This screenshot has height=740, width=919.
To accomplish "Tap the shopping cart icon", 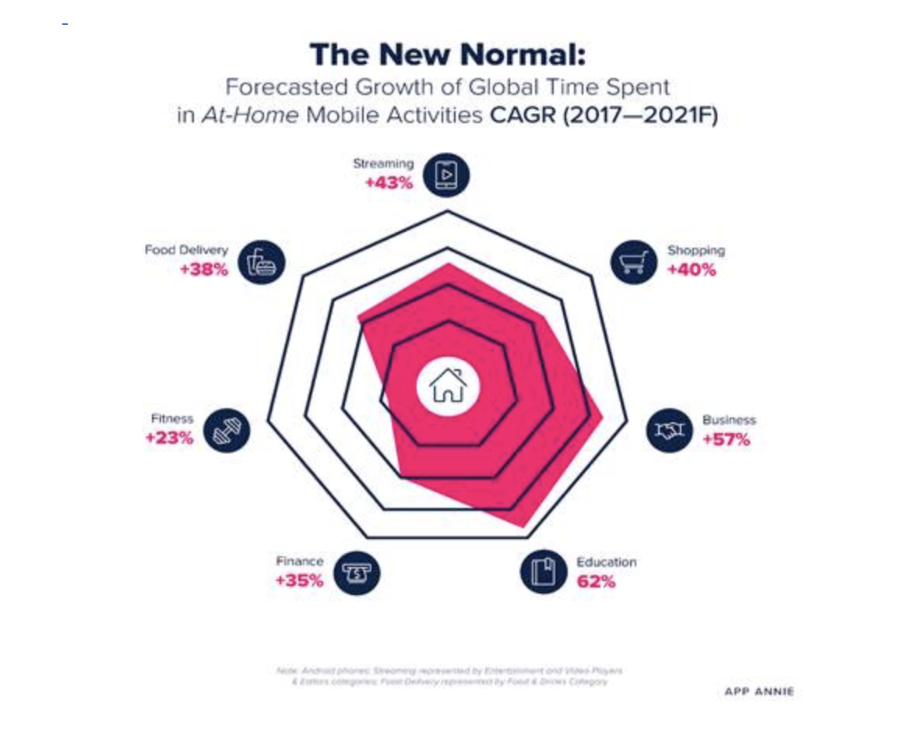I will (633, 262).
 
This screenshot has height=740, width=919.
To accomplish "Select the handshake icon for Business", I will (669, 430).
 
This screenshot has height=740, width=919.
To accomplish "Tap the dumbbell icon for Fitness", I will (227, 430).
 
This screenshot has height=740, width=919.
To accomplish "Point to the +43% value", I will (389, 184).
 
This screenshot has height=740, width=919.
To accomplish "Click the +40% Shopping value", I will (692, 270).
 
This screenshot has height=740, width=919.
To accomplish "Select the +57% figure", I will (726, 439).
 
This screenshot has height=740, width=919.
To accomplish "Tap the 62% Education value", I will (596, 581).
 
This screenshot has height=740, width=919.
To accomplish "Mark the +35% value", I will (299, 581).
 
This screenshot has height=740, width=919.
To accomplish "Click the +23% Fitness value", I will (169, 438).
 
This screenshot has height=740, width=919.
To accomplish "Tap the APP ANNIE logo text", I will (759, 692).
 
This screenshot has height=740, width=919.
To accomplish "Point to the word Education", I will (606, 562).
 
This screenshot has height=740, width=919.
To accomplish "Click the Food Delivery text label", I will (186, 250).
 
